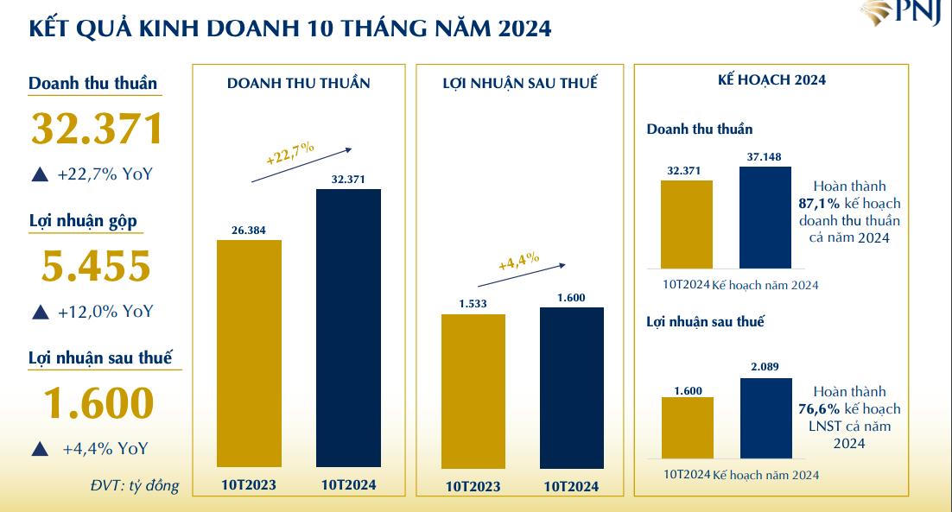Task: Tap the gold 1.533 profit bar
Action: [473, 391]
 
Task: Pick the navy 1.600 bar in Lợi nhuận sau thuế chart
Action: [571, 388]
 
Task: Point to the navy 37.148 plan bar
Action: [765, 217]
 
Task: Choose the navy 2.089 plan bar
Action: [765, 418]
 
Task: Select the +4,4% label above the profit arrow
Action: [519, 261]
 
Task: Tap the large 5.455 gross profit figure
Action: [96, 267]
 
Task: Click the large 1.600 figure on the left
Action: [98, 404]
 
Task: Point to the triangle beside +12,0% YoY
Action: [40, 313]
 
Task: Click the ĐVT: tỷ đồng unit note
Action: [135, 485]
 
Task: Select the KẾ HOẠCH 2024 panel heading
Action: [771, 79]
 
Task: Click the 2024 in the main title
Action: [524, 28]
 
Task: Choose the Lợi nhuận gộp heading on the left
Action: [83, 220]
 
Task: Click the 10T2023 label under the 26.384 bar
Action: [249, 485]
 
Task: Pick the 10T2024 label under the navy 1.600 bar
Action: [571, 487]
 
